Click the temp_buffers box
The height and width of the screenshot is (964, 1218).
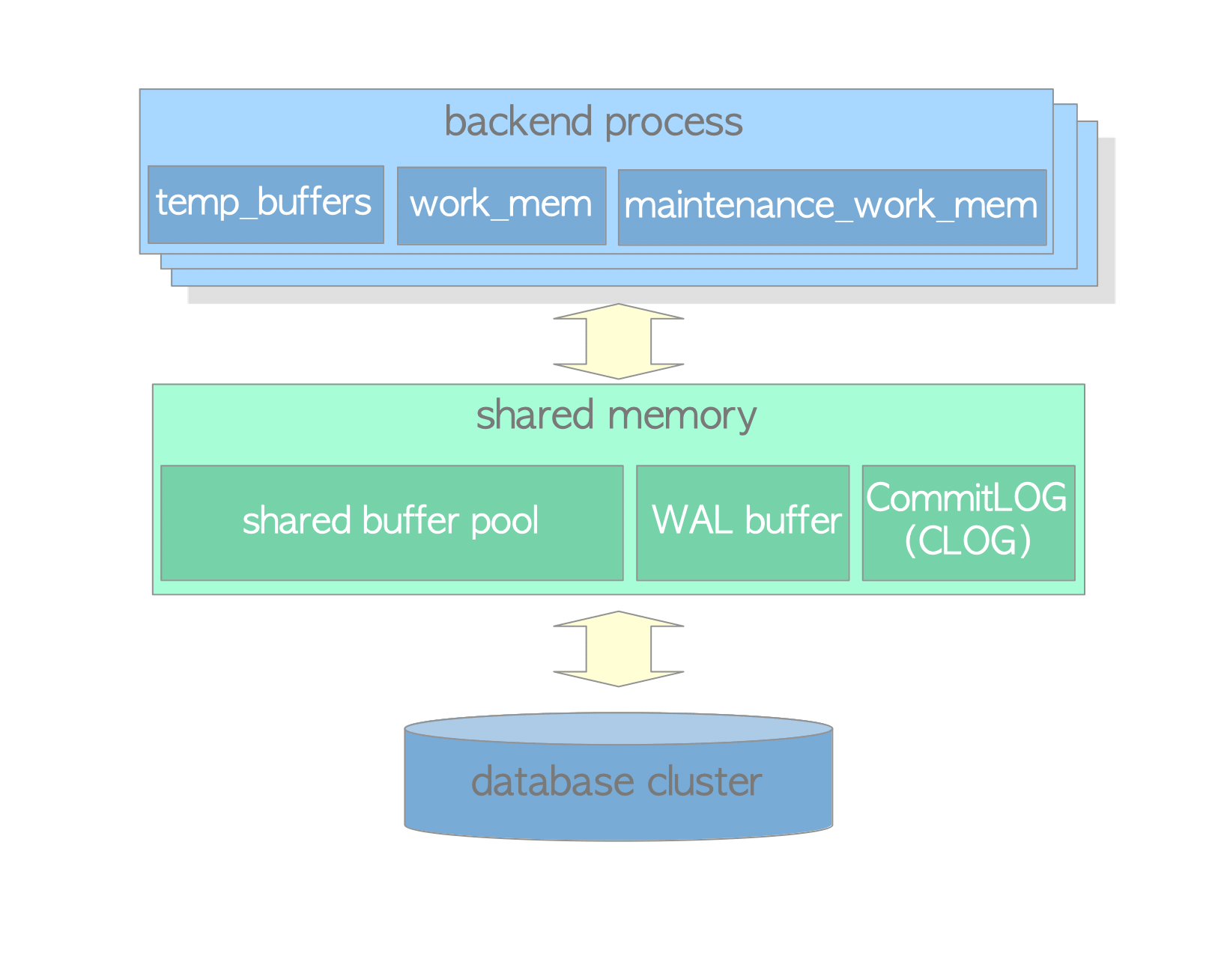pos(265,204)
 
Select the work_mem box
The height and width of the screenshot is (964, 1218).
pos(500,205)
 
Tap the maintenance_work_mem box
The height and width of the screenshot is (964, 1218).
pos(831,207)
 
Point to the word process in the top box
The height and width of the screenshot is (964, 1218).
pos(673,122)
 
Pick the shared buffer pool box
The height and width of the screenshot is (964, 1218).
pos(391,522)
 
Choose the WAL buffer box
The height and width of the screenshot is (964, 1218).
pos(742,522)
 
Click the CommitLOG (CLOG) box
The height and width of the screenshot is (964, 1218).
pos(968,522)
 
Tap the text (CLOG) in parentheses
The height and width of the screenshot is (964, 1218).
pos(968,541)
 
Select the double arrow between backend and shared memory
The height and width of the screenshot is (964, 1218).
pos(618,341)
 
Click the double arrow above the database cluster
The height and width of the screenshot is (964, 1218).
pos(618,649)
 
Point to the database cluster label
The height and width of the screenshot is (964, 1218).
pos(616,782)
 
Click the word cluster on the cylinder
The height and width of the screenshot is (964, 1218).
pos(704,782)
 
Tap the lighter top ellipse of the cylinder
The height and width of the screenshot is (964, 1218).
pos(618,728)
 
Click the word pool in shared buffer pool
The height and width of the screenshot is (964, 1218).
pos(504,522)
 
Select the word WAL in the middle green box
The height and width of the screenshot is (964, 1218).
pos(691,520)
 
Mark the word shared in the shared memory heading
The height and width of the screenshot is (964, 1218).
pos(535,415)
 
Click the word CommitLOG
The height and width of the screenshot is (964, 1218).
pos(966,498)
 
